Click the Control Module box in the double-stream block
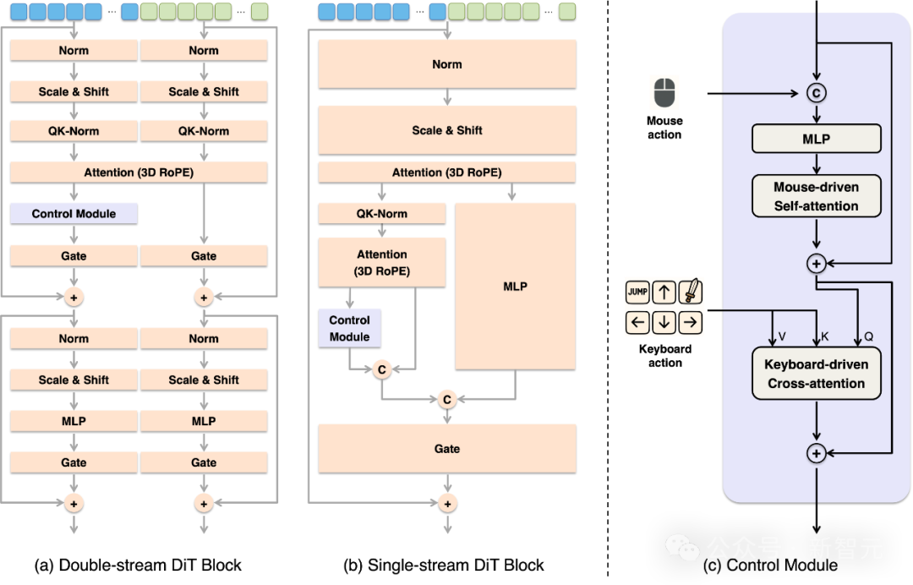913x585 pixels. pos(74,214)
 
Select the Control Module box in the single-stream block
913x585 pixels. pos(349,328)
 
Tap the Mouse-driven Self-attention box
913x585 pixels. pos(817,196)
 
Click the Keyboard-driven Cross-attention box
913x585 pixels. pos(817,374)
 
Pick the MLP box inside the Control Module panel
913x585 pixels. pos(817,139)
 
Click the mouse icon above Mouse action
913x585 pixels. pos(664,93)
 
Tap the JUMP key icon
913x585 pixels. pos(637,292)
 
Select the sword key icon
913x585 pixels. pos(691,292)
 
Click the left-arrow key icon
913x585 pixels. pos(637,322)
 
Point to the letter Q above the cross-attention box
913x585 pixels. pos(869,336)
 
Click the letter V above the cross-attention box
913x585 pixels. pos(782,336)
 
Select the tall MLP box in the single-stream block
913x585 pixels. pos(516,287)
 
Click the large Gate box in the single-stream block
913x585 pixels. pos(447,449)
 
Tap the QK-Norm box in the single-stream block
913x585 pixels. pos(382,214)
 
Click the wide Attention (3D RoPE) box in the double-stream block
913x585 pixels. pos(139,172)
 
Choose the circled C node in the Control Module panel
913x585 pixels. pos(817,93)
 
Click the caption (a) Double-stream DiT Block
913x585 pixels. pos(138,566)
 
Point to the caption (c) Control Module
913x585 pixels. pos(770,566)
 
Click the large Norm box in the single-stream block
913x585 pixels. pos(447,64)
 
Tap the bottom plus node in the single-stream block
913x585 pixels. pos(447,504)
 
